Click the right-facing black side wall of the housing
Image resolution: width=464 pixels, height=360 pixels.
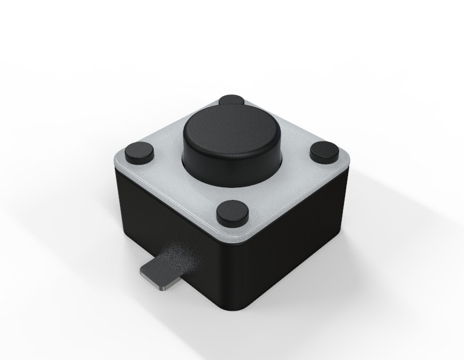pos(296,238)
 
